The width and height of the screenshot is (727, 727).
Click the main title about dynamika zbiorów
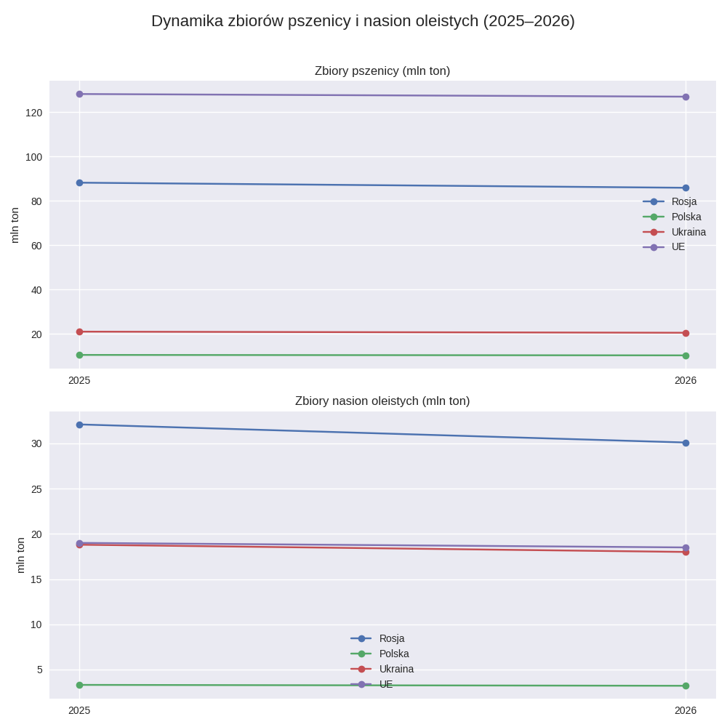click(363, 21)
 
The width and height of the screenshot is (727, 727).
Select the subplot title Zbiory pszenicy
click(382, 71)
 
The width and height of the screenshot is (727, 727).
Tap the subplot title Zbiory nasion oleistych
click(382, 401)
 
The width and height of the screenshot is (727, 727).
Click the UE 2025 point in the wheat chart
click(79, 94)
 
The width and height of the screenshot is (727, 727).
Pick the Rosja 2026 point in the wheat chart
click(686, 188)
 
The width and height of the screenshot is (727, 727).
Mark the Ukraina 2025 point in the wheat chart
click(79, 332)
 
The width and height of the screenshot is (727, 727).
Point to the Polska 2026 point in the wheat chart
click(686, 356)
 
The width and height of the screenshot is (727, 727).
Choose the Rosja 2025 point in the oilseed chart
click(79, 425)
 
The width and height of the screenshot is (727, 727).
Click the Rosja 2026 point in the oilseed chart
click(686, 443)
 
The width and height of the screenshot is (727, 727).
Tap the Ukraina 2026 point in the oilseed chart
click(686, 552)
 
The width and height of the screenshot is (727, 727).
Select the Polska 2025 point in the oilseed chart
click(79, 685)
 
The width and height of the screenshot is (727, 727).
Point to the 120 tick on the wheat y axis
click(34, 113)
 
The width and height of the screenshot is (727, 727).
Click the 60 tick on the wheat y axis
click(36, 246)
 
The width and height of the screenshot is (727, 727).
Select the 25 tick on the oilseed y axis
click(36, 489)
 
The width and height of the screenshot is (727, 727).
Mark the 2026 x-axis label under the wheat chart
click(686, 380)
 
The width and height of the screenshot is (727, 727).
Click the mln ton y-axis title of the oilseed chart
click(20, 555)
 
